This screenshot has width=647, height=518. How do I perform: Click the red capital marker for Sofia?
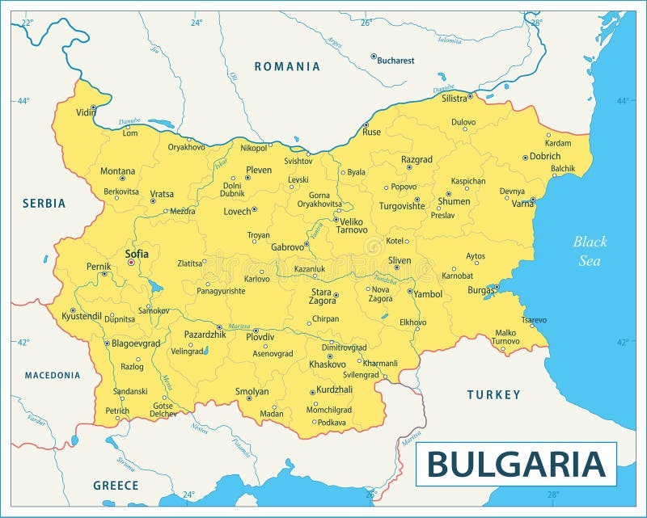coord(131,263)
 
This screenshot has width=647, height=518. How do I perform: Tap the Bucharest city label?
coord(396,60)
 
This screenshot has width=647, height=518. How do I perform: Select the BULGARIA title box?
coord(516,464)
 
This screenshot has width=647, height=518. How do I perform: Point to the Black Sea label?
coord(590,251)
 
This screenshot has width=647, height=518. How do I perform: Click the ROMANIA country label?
coord(287,66)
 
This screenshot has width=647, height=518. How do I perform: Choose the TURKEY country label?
coord(493,394)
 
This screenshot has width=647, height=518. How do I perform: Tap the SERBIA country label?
coord(44,204)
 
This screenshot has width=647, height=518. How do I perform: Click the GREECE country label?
coord(115,486)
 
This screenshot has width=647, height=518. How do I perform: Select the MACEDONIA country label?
coord(53,375)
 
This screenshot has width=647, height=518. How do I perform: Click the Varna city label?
coord(522,204)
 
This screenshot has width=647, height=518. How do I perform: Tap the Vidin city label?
coord(85,113)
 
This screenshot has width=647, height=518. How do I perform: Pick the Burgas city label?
coord(480,289)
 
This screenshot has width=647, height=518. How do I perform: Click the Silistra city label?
coord(454,99)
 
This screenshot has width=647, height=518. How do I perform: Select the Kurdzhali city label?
coord(334,390)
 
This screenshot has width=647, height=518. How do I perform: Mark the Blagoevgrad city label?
coord(135,343)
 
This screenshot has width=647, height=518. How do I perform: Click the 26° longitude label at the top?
coord(366,23)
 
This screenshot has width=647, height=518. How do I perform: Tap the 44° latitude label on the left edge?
coord(23,101)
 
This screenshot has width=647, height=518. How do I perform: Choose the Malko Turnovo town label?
coord(505,336)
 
